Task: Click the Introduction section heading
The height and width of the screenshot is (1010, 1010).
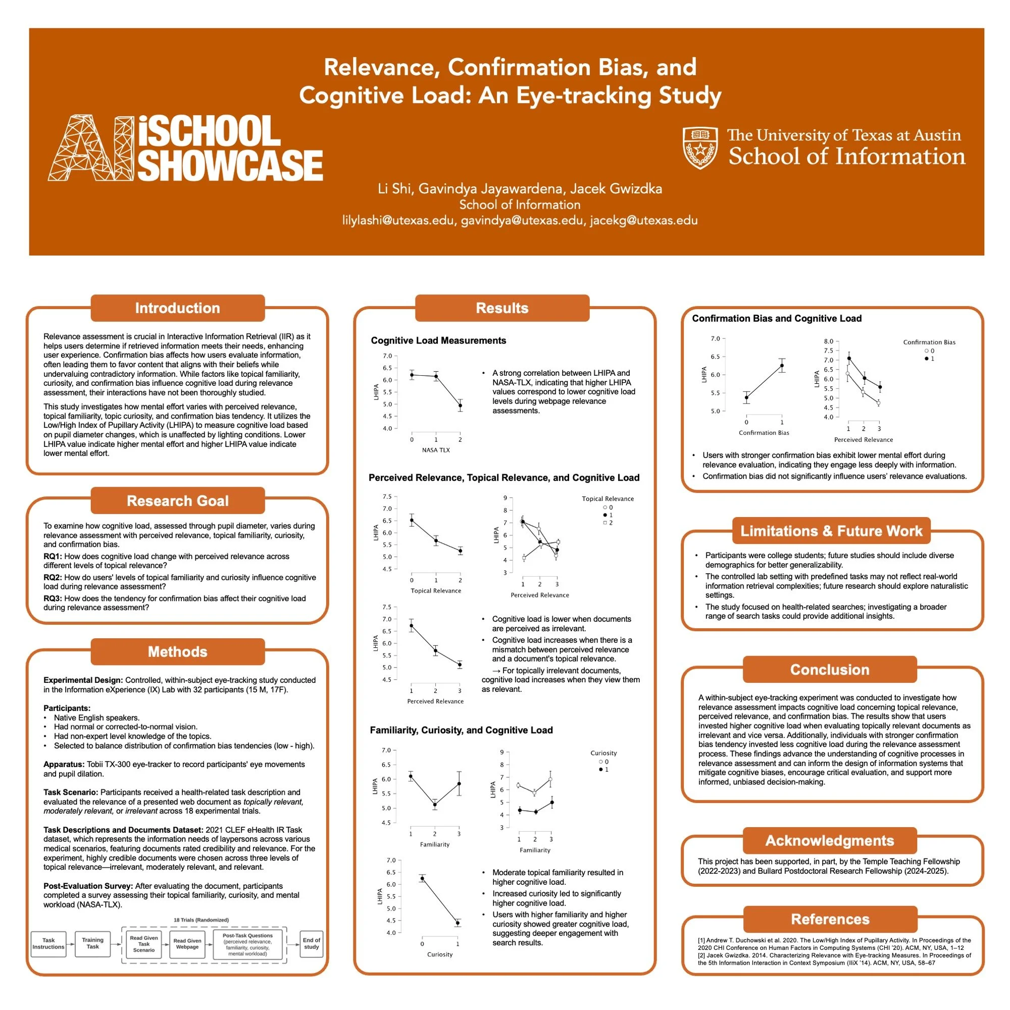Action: pyautogui.click(x=177, y=308)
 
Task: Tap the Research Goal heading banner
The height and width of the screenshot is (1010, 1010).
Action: pyautogui.click(x=177, y=501)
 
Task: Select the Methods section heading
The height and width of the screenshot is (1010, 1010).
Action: pyautogui.click(x=177, y=651)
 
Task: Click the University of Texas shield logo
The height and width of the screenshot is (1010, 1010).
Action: pyautogui.click(x=700, y=147)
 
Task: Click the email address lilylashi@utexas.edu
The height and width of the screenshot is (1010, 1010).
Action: pyautogui.click(x=398, y=220)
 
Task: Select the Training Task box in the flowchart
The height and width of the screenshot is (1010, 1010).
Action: pyautogui.click(x=92, y=943)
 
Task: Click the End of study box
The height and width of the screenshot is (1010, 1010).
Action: pyautogui.click(x=311, y=943)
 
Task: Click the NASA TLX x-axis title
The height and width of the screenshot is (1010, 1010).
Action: pyautogui.click(x=435, y=450)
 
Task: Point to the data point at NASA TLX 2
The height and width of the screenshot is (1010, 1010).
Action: pyautogui.click(x=460, y=405)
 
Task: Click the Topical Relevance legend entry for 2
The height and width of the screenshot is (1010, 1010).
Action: pyautogui.click(x=608, y=523)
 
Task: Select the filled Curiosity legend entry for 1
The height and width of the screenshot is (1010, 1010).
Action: pyautogui.click(x=604, y=770)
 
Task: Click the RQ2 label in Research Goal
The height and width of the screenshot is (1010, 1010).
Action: pyautogui.click(x=53, y=578)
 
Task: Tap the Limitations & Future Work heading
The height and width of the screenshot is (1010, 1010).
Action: pyautogui.click(x=831, y=531)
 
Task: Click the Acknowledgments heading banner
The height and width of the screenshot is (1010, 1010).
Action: pyautogui.click(x=830, y=841)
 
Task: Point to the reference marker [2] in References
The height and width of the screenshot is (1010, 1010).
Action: pyautogui.click(x=701, y=955)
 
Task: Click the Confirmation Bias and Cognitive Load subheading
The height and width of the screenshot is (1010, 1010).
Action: pyautogui.click(x=776, y=318)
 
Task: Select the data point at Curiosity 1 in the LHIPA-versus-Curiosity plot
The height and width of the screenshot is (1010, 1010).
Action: pyautogui.click(x=458, y=923)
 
